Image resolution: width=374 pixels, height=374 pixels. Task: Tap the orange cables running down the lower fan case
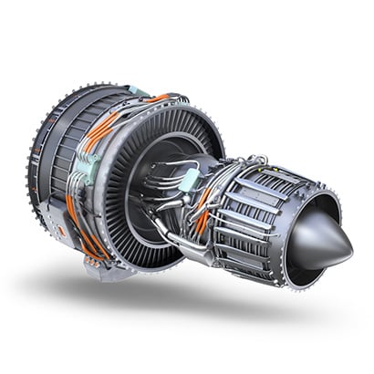[77, 223]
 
